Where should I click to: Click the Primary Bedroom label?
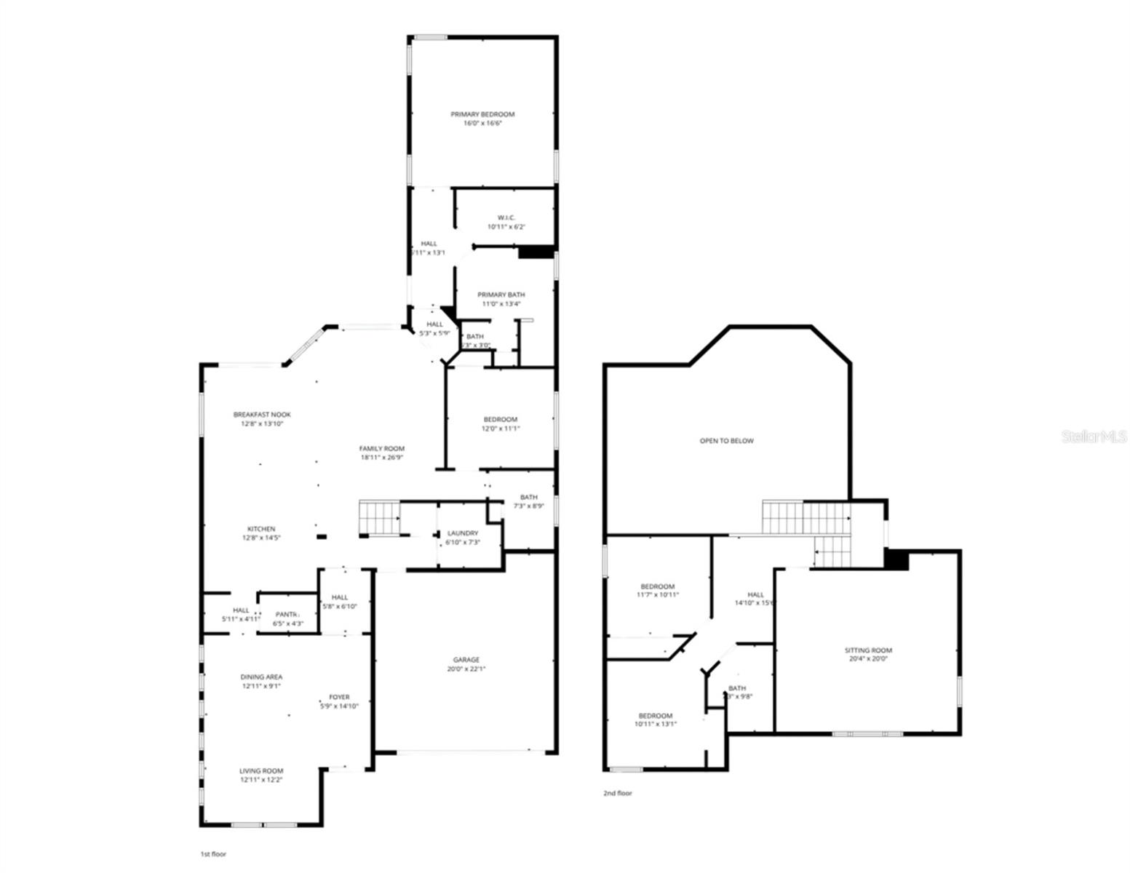(x=482, y=114)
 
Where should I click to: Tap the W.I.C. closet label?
(x=506, y=218)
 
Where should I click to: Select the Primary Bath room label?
(x=501, y=295)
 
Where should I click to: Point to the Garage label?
(x=466, y=660)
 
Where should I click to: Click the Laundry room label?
(x=463, y=533)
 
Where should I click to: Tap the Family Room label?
(x=382, y=449)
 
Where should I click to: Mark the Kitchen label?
(x=261, y=529)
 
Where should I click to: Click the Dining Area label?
(x=262, y=677)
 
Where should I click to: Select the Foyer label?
(x=339, y=697)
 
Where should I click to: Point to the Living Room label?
(x=262, y=770)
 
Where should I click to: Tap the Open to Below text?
(x=727, y=441)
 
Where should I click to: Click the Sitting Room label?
(x=868, y=650)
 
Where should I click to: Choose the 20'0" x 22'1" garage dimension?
(x=466, y=669)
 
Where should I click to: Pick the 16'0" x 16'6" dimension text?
(x=482, y=124)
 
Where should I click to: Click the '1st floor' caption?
(x=213, y=854)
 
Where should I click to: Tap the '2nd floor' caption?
(x=618, y=793)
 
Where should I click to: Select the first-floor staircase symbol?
(x=379, y=517)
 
